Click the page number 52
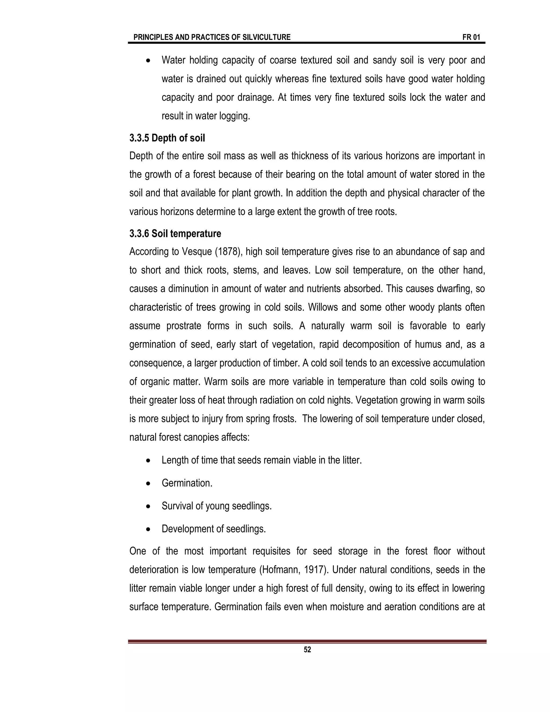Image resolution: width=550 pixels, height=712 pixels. coord(307,650)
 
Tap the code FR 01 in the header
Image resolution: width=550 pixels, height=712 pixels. coord(471,37)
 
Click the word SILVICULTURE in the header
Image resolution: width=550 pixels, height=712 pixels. coord(266,37)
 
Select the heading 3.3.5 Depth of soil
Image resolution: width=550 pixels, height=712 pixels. coord(167,138)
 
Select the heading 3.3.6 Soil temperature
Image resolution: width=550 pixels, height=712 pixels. coord(175,233)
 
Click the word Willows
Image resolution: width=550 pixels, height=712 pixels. coord(321,307)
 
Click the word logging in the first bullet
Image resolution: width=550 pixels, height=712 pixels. coord(234,116)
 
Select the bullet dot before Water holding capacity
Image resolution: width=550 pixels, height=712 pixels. coord(148,61)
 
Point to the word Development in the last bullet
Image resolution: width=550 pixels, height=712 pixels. coord(188,529)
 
